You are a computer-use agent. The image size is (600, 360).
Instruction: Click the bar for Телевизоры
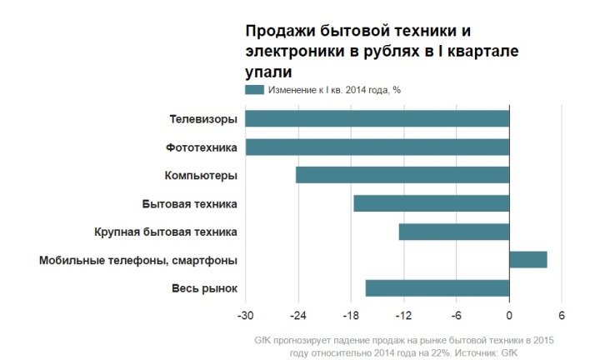[377, 119]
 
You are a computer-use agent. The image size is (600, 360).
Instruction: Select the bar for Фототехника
[377, 147]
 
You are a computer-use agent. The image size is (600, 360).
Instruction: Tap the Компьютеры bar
[402, 175]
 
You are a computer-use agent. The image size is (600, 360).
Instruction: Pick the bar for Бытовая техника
[431, 203]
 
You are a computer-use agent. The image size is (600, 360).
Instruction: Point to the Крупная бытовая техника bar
[454, 232]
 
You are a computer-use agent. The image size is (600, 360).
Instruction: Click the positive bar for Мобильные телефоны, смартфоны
[528, 260]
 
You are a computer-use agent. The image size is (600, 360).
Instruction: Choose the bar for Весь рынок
[437, 288]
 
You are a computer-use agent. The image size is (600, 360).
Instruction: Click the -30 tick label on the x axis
[245, 316]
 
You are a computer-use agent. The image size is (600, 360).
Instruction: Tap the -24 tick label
[297, 316]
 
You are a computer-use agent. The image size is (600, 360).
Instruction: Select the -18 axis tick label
[351, 316]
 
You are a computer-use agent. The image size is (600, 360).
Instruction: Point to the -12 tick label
[403, 316]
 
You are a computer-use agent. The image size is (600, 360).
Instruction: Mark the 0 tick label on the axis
[509, 316]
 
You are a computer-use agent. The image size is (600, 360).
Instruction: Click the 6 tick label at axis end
[562, 316]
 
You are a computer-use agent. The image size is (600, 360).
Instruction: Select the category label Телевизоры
[203, 119]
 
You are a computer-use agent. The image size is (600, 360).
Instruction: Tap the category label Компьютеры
[201, 176]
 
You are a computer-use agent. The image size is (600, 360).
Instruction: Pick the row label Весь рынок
[205, 288]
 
